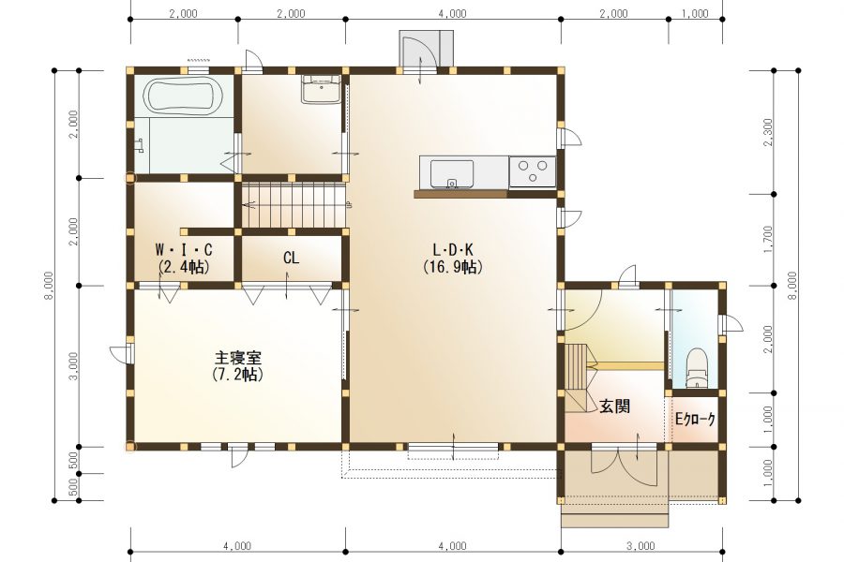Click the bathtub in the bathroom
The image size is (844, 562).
click(184, 96)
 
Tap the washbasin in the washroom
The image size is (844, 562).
click(322, 89)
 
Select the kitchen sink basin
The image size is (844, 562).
click(452, 173)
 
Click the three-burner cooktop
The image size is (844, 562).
click(533, 171)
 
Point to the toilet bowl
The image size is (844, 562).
click(698, 367)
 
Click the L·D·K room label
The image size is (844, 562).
click(453, 250)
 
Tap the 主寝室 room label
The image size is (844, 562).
click(238, 358)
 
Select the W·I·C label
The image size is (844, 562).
click(184, 250)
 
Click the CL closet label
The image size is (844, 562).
click(292, 259)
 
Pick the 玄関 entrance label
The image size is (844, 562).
click(615, 407)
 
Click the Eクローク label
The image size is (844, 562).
click(696, 419)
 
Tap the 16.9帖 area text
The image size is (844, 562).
click(453, 267)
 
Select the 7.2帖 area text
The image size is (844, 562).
click(238, 375)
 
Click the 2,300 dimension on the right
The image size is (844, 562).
click(768, 132)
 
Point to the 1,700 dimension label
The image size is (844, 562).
click(768, 240)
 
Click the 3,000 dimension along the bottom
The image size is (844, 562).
click(641, 546)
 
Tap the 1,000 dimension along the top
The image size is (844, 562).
click(695, 14)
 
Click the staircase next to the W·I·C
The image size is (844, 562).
click(293, 205)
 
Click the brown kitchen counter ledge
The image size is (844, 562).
click(461, 194)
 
